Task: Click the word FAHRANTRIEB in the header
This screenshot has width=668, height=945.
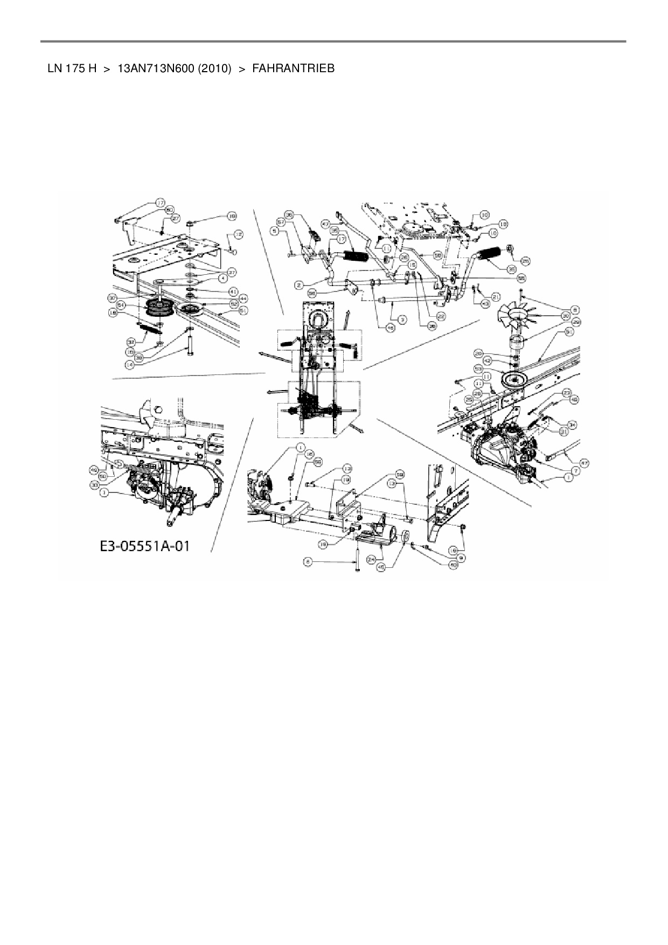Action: click(x=293, y=69)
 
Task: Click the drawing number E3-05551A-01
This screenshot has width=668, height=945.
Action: click(x=144, y=546)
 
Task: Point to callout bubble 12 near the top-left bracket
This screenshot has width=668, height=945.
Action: click(x=239, y=235)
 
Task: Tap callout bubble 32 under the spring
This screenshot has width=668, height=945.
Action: click(x=131, y=341)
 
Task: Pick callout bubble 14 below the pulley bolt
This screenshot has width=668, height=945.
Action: click(x=129, y=364)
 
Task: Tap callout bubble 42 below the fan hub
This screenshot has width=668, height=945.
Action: click(x=487, y=359)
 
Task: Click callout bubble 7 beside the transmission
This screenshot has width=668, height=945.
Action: click(x=575, y=471)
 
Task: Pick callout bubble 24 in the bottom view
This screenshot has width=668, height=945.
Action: click(x=371, y=560)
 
